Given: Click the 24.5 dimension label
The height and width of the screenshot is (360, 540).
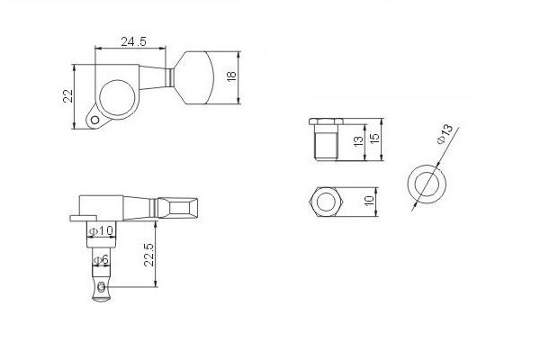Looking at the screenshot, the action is [x=133, y=41].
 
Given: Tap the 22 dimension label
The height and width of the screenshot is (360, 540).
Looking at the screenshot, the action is [x=68, y=95].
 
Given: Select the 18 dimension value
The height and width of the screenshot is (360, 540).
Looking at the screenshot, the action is [x=231, y=76].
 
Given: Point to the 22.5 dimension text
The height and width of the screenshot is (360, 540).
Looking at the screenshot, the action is [x=148, y=255].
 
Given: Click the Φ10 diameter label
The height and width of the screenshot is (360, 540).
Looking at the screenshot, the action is [x=101, y=230].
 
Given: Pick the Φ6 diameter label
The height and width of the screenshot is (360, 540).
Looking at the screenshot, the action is [x=101, y=260].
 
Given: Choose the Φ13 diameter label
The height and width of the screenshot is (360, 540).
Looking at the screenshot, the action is [x=445, y=134].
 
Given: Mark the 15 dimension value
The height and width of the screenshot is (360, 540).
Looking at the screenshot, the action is [x=374, y=138].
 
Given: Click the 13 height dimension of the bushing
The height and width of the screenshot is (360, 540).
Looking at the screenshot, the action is [x=358, y=141].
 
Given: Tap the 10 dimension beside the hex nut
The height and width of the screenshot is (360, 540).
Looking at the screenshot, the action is [x=369, y=201].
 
